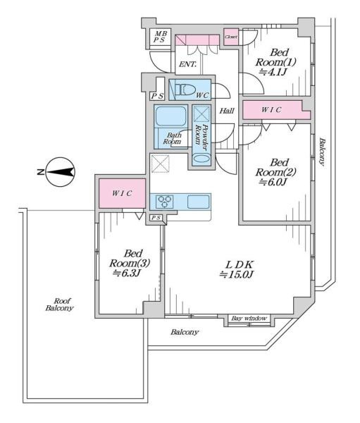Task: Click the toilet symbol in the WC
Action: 185,90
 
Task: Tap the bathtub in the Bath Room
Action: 171,116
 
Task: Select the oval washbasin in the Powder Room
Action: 201,159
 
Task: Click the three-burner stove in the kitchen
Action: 165,202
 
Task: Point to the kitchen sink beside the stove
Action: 199,202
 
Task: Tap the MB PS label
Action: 160,37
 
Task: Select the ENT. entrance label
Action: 187,64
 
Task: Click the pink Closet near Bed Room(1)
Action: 231,37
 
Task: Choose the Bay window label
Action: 249,319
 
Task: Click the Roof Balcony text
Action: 59,305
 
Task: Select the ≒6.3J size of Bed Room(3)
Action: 126,274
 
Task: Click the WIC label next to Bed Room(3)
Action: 122,193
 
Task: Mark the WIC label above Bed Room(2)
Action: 271,109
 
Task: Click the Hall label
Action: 227,111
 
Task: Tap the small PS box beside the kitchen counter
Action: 156,217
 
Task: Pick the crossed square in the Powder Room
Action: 201,114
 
